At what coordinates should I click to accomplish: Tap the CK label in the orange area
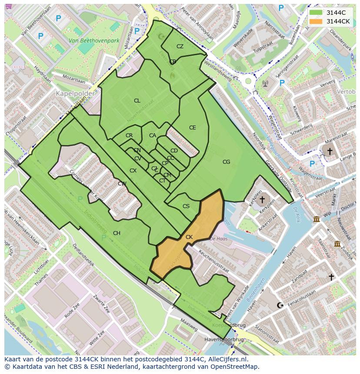[x=189, y=237]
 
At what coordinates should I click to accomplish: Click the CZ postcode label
[x=180, y=46]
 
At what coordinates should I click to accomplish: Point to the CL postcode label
[x=137, y=101]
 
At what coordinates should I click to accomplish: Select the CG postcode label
[x=226, y=162]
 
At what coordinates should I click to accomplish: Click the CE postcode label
[x=192, y=128]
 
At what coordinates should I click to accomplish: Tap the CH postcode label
[x=117, y=233]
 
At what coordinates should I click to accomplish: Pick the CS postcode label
[x=186, y=206]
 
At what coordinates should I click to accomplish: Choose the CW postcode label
[x=122, y=184]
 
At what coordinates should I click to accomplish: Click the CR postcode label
[x=129, y=136]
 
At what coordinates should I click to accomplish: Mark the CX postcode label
[x=133, y=171]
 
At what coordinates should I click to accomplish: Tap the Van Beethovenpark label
[x=94, y=41]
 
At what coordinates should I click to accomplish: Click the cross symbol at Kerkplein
[x=261, y=200]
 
